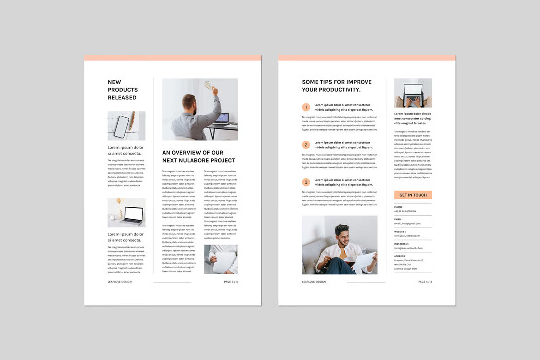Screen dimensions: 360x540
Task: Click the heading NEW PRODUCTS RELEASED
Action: (x=122, y=90)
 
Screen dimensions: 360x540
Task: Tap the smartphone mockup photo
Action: (x=126, y=126)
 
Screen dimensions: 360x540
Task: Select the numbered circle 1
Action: (x=306, y=107)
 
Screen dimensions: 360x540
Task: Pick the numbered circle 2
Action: (x=306, y=145)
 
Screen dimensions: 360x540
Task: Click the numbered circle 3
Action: (x=306, y=182)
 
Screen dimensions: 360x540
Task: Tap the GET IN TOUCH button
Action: (x=413, y=195)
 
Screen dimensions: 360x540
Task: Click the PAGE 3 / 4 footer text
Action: (x=231, y=282)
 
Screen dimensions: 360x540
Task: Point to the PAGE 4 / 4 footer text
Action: (x=425, y=282)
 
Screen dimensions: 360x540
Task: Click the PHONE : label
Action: (x=399, y=207)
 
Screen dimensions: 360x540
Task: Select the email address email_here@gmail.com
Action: (x=407, y=223)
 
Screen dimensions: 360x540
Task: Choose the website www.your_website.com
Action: (x=407, y=236)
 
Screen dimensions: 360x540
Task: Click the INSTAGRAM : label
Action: (x=401, y=244)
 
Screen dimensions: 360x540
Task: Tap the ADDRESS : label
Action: (x=400, y=256)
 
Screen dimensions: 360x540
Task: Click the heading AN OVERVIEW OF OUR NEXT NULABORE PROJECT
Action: (x=198, y=156)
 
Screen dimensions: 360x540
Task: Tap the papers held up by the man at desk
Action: (x=210, y=85)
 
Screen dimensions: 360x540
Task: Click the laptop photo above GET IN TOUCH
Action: (x=413, y=93)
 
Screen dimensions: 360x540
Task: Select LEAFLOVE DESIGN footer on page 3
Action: (x=120, y=282)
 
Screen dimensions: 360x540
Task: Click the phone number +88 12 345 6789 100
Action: (x=405, y=211)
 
